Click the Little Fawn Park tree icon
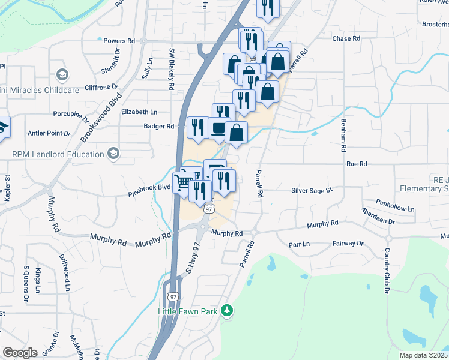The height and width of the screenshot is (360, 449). pyautogui.click(x=226, y=310)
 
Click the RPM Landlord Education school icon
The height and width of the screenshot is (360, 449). pyautogui.click(x=113, y=154)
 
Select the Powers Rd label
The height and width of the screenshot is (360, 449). pyautogui.click(x=119, y=41)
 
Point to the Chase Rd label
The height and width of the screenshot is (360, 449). pyautogui.click(x=346, y=38)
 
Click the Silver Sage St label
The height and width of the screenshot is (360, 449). pyautogui.click(x=312, y=190)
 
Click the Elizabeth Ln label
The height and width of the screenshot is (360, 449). pyautogui.click(x=139, y=112)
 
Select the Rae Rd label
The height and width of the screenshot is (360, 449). pyautogui.click(x=356, y=163)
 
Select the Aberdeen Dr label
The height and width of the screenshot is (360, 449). pyautogui.click(x=378, y=215)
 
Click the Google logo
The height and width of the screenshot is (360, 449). pyautogui.click(x=19, y=353)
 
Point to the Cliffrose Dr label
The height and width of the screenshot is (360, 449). pyautogui.click(x=90, y=86)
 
